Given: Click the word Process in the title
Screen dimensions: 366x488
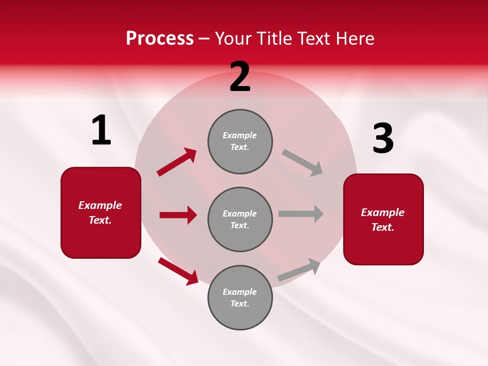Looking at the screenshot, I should tap(160, 39).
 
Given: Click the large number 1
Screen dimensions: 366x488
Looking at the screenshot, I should tap(101, 131).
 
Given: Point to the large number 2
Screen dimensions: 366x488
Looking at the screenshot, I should tap(240, 77).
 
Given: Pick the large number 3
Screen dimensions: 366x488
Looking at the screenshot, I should tap(383, 139).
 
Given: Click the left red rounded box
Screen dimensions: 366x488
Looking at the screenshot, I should tap(101, 212).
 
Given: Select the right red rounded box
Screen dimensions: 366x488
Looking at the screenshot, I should tap(383, 219).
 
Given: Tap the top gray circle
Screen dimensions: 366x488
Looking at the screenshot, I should tap(240, 141).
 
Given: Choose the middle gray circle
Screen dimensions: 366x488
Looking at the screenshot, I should tap(240, 219).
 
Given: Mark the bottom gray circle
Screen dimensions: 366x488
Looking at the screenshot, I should tap(240, 297).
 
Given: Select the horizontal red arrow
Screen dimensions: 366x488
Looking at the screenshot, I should tap(178, 215).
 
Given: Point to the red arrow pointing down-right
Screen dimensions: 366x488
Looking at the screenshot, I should tap(178, 271).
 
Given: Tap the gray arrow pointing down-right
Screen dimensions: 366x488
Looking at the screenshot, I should tap(302, 163).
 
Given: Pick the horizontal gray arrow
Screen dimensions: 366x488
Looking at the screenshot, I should tap(301, 213).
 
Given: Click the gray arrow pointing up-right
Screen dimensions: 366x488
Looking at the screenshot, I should tap(299, 269).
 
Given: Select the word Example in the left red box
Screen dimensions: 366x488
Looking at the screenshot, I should tap(100, 205).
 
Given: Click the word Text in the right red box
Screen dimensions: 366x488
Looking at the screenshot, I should tap(382, 227).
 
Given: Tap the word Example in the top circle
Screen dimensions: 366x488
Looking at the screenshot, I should tap(240, 135).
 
